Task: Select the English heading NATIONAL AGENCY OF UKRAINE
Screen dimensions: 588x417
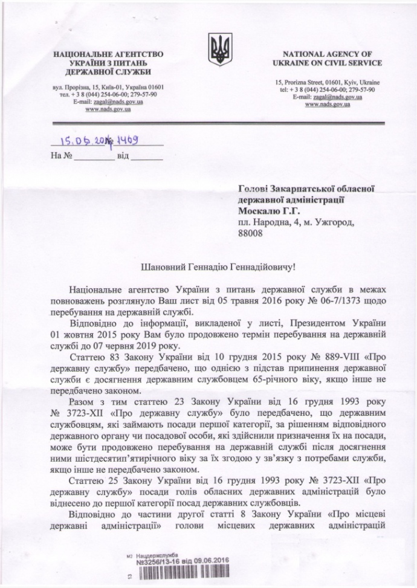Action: click(x=329, y=57)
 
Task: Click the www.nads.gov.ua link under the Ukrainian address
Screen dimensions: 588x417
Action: click(x=108, y=109)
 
